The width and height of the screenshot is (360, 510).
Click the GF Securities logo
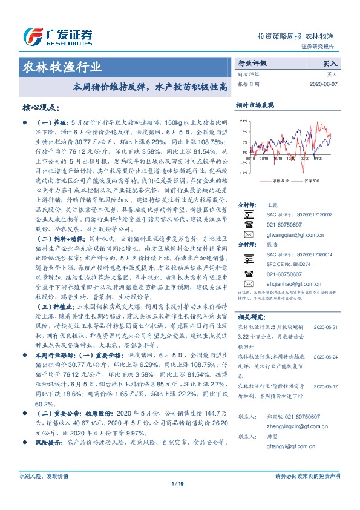58,35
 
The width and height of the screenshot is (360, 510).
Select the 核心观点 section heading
42,107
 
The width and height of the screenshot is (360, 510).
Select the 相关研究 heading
249,316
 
